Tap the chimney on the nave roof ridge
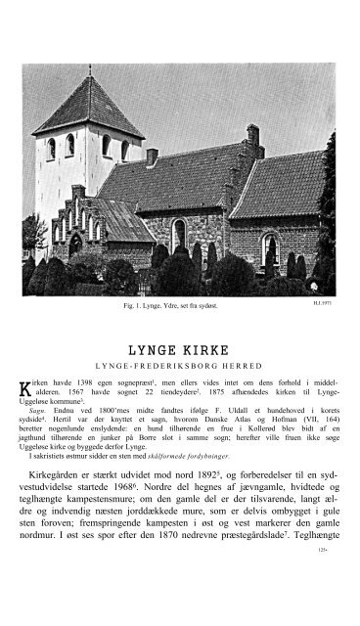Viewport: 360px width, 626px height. tap(152, 156)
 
